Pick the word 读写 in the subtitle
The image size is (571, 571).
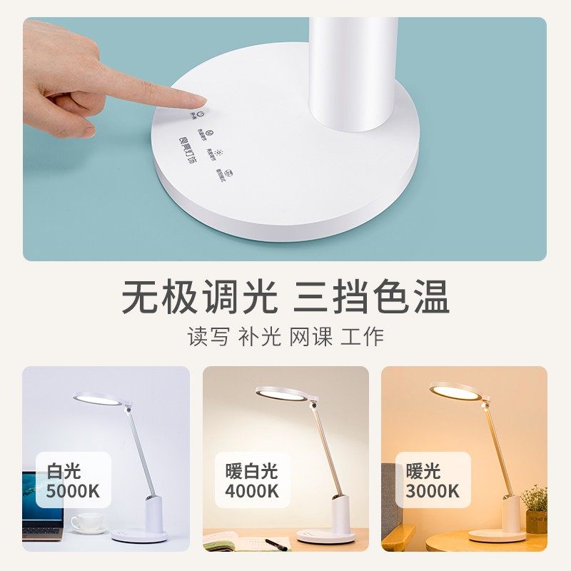[x=208, y=337]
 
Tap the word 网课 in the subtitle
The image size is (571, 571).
[x=311, y=337]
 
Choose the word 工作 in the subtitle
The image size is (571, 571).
[x=363, y=337]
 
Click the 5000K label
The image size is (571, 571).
[x=73, y=491]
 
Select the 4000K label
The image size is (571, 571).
[x=251, y=491]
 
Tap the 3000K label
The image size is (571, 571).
[x=433, y=491]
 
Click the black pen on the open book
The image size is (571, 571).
[x=276, y=545]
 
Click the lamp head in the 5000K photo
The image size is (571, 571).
[x=98, y=399]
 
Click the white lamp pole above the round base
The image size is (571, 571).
[x=353, y=71]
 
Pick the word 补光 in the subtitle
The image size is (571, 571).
[x=260, y=337]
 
